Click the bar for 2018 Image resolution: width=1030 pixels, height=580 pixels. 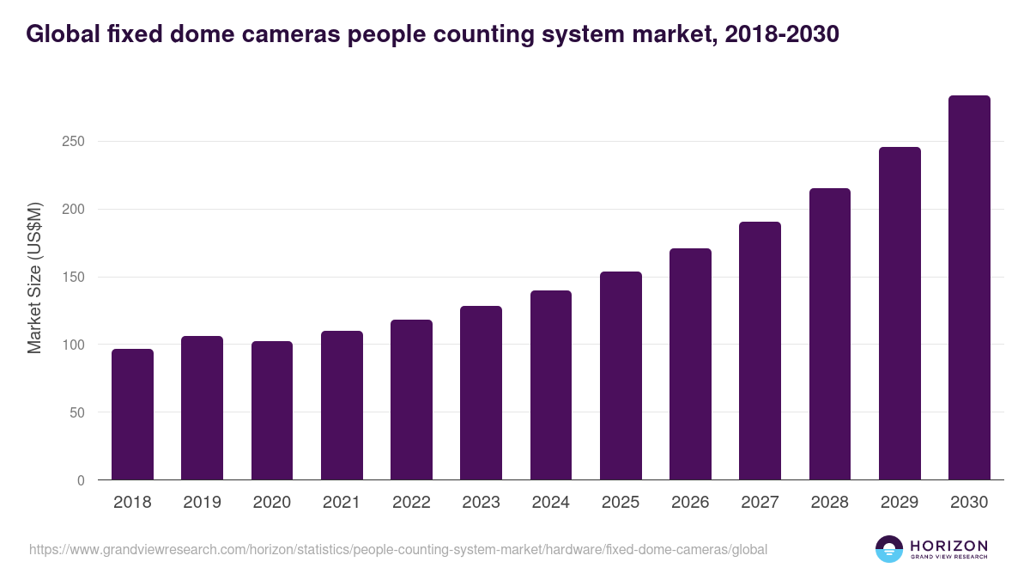point(132,414)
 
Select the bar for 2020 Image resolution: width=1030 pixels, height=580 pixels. point(272,411)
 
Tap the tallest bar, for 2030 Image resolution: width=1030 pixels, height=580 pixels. point(969,288)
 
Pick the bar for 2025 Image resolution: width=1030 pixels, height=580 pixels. point(621,375)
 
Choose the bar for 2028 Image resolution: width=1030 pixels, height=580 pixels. point(830,334)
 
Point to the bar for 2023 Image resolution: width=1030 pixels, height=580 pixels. point(481,393)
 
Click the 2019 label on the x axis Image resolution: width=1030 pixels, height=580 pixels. point(202,503)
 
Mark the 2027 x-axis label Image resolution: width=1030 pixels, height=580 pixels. point(760,503)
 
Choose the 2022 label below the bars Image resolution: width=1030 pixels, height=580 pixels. point(411,503)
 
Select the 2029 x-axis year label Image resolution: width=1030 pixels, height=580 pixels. point(900,503)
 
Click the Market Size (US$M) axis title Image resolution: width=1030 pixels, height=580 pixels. point(34,278)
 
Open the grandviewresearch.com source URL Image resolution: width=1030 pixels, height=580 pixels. point(398,549)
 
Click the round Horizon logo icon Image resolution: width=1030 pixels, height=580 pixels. point(888,549)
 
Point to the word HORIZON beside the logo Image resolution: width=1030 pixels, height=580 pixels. point(948,546)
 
